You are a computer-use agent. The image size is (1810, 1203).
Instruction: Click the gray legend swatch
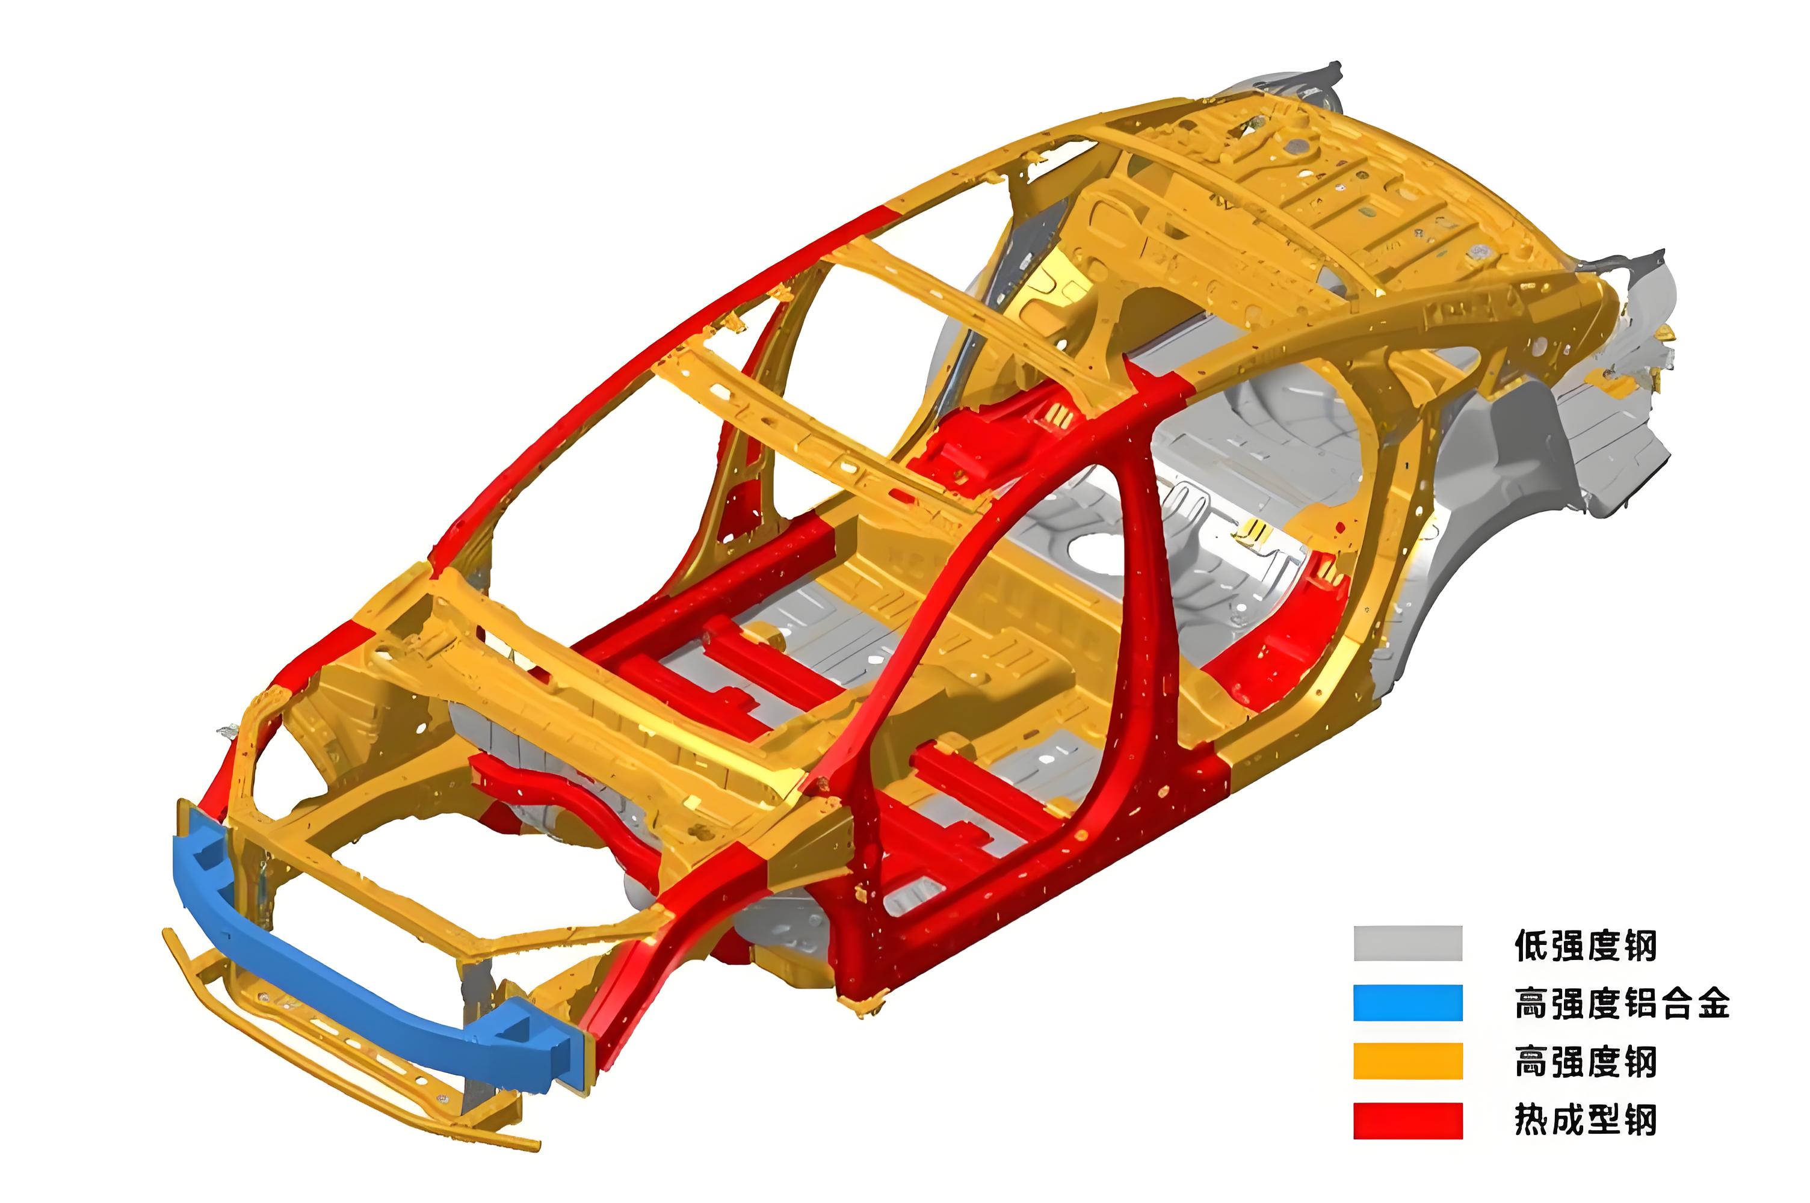[x=1407, y=944]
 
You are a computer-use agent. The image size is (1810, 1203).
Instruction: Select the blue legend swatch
[x=1407, y=1003]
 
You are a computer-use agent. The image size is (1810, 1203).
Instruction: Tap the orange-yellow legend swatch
[x=1407, y=1061]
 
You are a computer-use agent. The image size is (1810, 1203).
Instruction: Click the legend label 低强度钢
[x=1585, y=944]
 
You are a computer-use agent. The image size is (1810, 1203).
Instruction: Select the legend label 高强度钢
[x=1585, y=1062]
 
